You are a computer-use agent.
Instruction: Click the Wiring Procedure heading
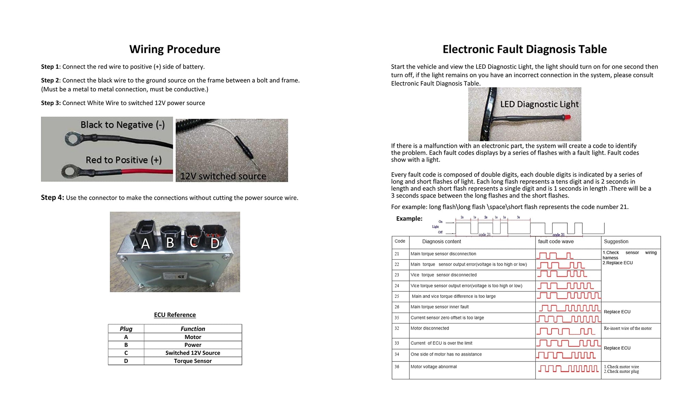pyautogui.click(x=175, y=49)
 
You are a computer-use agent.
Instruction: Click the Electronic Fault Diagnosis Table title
pyautogui.click(x=525, y=49)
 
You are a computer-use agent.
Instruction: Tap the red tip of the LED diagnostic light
pyautogui.click(x=568, y=117)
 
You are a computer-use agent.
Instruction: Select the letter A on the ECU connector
pyautogui.click(x=146, y=244)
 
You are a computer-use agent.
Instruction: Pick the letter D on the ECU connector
pyautogui.click(x=215, y=244)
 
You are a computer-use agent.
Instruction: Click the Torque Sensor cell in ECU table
pyautogui.click(x=193, y=361)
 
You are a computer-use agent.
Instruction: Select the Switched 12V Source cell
pyautogui.click(x=193, y=353)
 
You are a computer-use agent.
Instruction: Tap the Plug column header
pyautogui.click(x=126, y=329)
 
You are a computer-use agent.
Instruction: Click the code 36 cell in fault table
pyautogui.click(x=397, y=367)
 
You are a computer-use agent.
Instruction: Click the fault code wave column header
pyautogui.click(x=556, y=241)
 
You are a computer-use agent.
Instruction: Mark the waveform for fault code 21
pyautogui.click(x=555, y=255)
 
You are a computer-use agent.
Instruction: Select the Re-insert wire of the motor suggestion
pyautogui.click(x=628, y=328)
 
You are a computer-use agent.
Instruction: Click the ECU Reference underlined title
pyautogui.click(x=175, y=315)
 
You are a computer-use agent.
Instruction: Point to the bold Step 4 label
pyautogui.click(x=52, y=197)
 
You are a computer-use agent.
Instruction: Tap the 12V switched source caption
pyautogui.click(x=223, y=176)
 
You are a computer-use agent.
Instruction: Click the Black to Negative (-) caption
pyautogui.click(x=122, y=125)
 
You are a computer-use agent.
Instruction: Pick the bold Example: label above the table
pyautogui.click(x=409, y=219)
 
